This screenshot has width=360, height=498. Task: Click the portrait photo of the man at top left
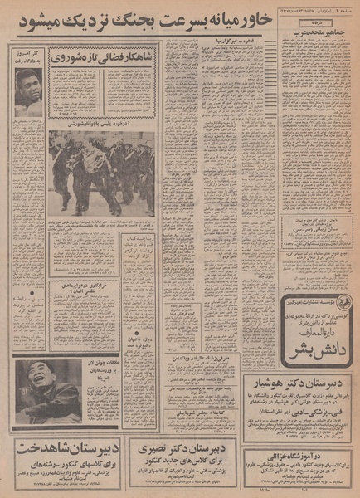pyautogui.click(x=28, y=91)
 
